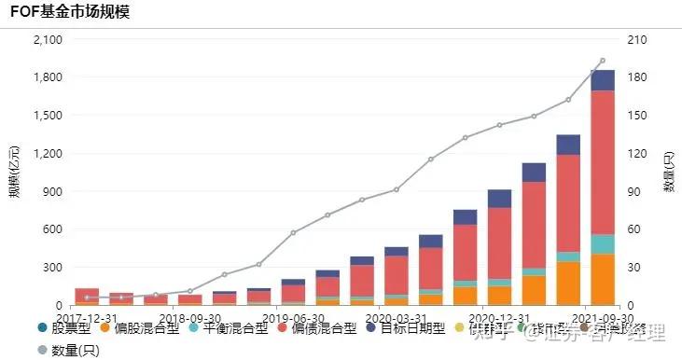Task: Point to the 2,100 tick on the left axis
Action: coord(47,40)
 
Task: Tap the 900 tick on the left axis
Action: coord(52,191)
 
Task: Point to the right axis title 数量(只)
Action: coord(669,173)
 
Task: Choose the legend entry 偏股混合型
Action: coord(128,328)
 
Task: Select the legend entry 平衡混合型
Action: coord(224,328)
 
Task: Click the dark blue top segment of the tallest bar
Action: coord(603,80)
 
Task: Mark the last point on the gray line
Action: coord(602,61)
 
